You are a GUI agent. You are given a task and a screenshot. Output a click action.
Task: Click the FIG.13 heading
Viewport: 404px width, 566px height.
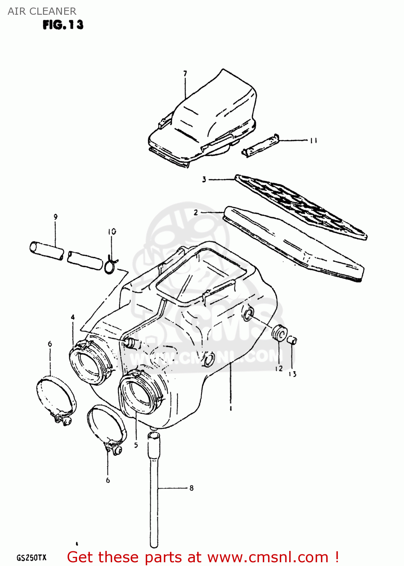pos(63,25)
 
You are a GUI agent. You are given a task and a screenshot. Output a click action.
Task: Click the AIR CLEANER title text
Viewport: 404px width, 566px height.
pos(42,11)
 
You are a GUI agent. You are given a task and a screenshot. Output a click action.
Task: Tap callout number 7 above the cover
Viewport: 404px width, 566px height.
pos(185,74)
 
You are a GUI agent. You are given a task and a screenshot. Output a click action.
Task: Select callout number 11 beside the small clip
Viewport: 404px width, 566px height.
pos(313,141)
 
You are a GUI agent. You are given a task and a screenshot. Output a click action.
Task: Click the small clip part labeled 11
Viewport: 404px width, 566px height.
pos(260,145)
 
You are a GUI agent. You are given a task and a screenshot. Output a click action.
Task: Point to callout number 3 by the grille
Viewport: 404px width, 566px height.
pos(204,180)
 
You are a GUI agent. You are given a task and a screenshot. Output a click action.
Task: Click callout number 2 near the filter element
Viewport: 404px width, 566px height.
pos(196,212)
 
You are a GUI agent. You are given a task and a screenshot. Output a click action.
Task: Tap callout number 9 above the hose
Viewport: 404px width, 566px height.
pos(56,217)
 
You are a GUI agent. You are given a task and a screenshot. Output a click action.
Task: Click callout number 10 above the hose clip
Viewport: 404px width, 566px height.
pos(112,232)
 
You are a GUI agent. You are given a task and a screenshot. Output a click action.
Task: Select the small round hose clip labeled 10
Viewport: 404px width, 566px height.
pos(111,265)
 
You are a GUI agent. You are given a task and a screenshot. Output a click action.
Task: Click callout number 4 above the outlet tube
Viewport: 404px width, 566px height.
pos(73,317)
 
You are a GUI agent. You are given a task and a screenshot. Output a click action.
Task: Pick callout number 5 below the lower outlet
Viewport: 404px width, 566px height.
pos(136,445)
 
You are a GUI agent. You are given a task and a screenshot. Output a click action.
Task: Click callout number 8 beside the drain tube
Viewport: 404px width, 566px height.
pos(191,488)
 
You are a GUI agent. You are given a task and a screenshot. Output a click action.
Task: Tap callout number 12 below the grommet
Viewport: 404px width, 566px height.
pos(279,369)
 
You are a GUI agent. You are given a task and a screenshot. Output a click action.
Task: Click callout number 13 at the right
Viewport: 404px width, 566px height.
pos(293,374)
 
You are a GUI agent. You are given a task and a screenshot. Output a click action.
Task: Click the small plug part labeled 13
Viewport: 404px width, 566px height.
pos(292,340)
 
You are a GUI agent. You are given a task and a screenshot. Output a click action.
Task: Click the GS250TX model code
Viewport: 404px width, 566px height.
pos(31,558)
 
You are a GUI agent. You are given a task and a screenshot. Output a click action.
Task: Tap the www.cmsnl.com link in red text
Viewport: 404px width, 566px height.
pos(268,557)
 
